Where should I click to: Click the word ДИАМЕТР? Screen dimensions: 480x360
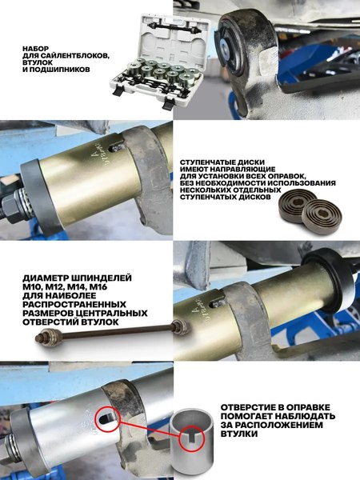[x=46, y=276]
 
